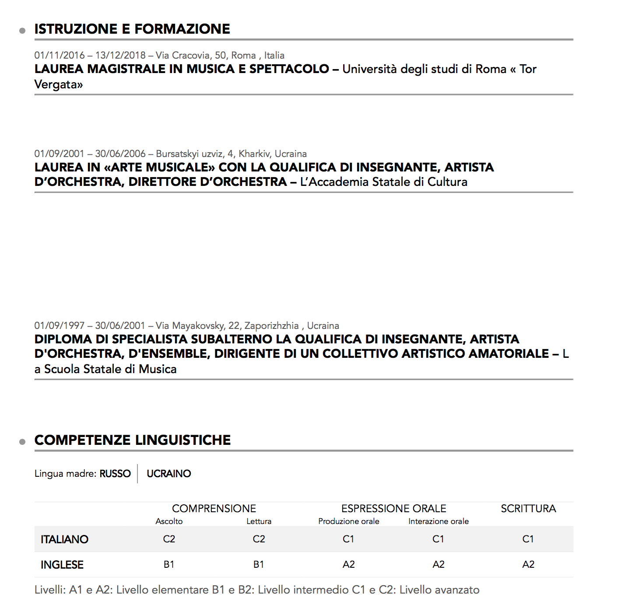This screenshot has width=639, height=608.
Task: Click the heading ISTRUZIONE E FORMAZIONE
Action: tap(132, 29)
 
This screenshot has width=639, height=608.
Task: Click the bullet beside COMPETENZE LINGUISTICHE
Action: tap(22, 442)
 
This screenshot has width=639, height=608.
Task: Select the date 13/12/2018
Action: tap(120, 56)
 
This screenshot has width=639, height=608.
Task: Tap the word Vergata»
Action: tap(59, 84)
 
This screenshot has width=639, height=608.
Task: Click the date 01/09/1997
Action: tap(59, 326)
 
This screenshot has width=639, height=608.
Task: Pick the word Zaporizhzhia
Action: tap(271, 326)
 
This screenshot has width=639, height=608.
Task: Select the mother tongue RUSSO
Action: tap(115, 474)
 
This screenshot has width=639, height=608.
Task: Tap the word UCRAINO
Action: tap(169, 474)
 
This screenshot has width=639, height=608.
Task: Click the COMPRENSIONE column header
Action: tap(214, 509)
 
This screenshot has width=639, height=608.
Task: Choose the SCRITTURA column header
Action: tap(528, 509)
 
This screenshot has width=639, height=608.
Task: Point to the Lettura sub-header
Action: tap(259, 521)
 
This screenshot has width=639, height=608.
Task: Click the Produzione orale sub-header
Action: tap(349, 521)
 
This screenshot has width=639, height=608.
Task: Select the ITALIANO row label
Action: tap(64, 539)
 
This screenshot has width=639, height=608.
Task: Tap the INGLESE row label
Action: tap(62, 565)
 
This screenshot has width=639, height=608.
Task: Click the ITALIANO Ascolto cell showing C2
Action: tap(169, 539)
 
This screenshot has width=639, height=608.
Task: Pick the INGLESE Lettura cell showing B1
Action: tap(259, 564)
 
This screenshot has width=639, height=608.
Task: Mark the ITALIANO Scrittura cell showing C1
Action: tap(528, 539)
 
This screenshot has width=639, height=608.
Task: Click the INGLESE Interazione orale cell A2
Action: tap(439, 564)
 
